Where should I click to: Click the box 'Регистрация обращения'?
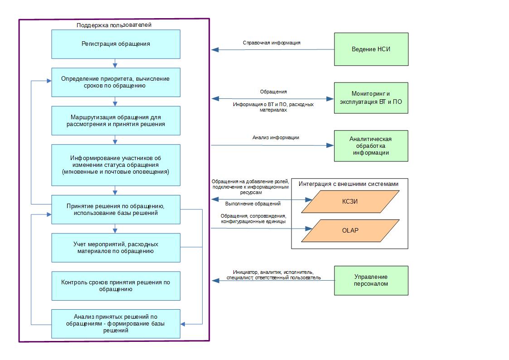tap(116, 44)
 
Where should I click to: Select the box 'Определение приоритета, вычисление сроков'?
tap(116, 82)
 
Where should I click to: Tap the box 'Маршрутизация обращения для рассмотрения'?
tap(116, 120)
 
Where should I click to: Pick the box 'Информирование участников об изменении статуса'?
tap(116, 165)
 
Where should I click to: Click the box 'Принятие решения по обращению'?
tap(116, 209)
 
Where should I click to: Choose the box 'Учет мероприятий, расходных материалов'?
tap(116, 248)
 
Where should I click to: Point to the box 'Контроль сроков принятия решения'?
tap(116, 286)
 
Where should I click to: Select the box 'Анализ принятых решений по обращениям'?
tap(116, 323)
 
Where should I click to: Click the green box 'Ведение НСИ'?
tap(371, 49)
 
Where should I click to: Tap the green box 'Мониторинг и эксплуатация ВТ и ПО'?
tap(371, 98)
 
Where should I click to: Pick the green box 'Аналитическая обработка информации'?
tap(371, 146)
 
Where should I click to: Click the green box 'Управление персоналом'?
tap(371, 280)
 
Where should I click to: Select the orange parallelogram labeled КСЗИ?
tap(350, 201)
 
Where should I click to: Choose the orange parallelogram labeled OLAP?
tap(350, 230)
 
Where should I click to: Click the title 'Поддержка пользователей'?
tap(114, 25)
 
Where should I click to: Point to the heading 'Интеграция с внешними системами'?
tap(349, 184)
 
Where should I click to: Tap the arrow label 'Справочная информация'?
tap(271, 43)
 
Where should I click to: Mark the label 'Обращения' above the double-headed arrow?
tap(273, 92)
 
